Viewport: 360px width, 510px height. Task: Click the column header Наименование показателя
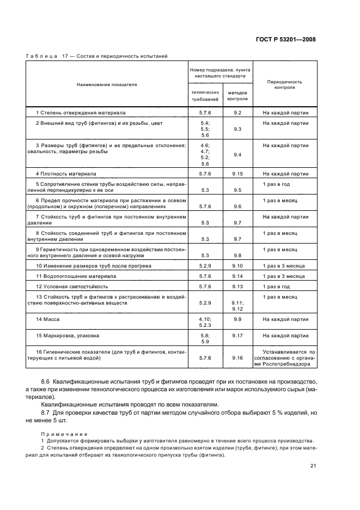pos(106,85)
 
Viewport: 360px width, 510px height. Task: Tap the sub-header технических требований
pos(205,96)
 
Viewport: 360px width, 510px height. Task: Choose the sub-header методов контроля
pos(237,96)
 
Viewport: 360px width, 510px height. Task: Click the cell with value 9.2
pos(237,113)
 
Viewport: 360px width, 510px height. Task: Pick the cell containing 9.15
pos(237,173)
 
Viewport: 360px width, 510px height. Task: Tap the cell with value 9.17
pos(237,336)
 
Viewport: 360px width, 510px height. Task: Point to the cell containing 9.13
pos(237,286)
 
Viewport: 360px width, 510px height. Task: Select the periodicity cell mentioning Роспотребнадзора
pos(285,359)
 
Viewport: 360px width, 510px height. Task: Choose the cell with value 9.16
pos(237,358)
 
